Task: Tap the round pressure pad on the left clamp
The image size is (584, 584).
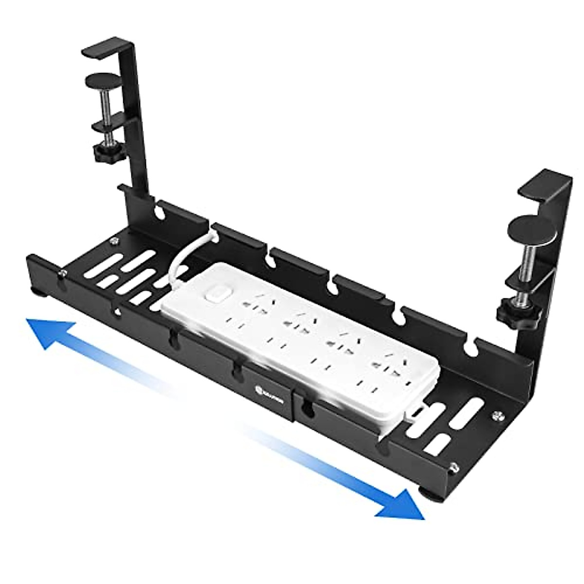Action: (x=103, y=80)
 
